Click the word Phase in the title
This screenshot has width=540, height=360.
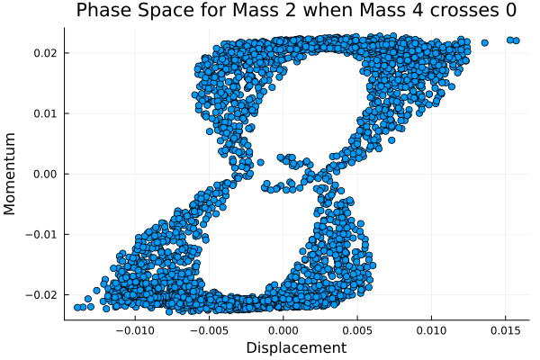tap(103, 11)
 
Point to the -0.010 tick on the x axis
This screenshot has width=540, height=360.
tap(135, 329)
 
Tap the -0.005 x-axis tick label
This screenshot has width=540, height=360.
tap(209, 329)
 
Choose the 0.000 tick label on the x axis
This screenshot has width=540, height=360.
tap(283, 329)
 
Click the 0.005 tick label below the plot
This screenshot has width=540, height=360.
tap(357, 329)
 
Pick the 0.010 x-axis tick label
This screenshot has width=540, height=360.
tap(431, 329)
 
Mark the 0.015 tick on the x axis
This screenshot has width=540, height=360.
tap(505, 329)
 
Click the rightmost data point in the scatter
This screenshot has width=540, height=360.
tap(517, 40)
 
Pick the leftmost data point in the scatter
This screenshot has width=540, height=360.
tap(77, 308)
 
